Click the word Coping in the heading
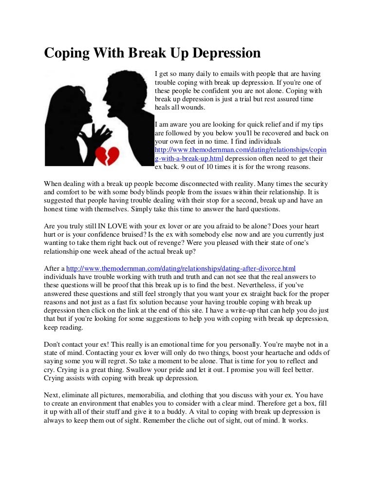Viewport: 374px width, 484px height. [67, 53]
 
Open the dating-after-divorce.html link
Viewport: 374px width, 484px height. [181, 268]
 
